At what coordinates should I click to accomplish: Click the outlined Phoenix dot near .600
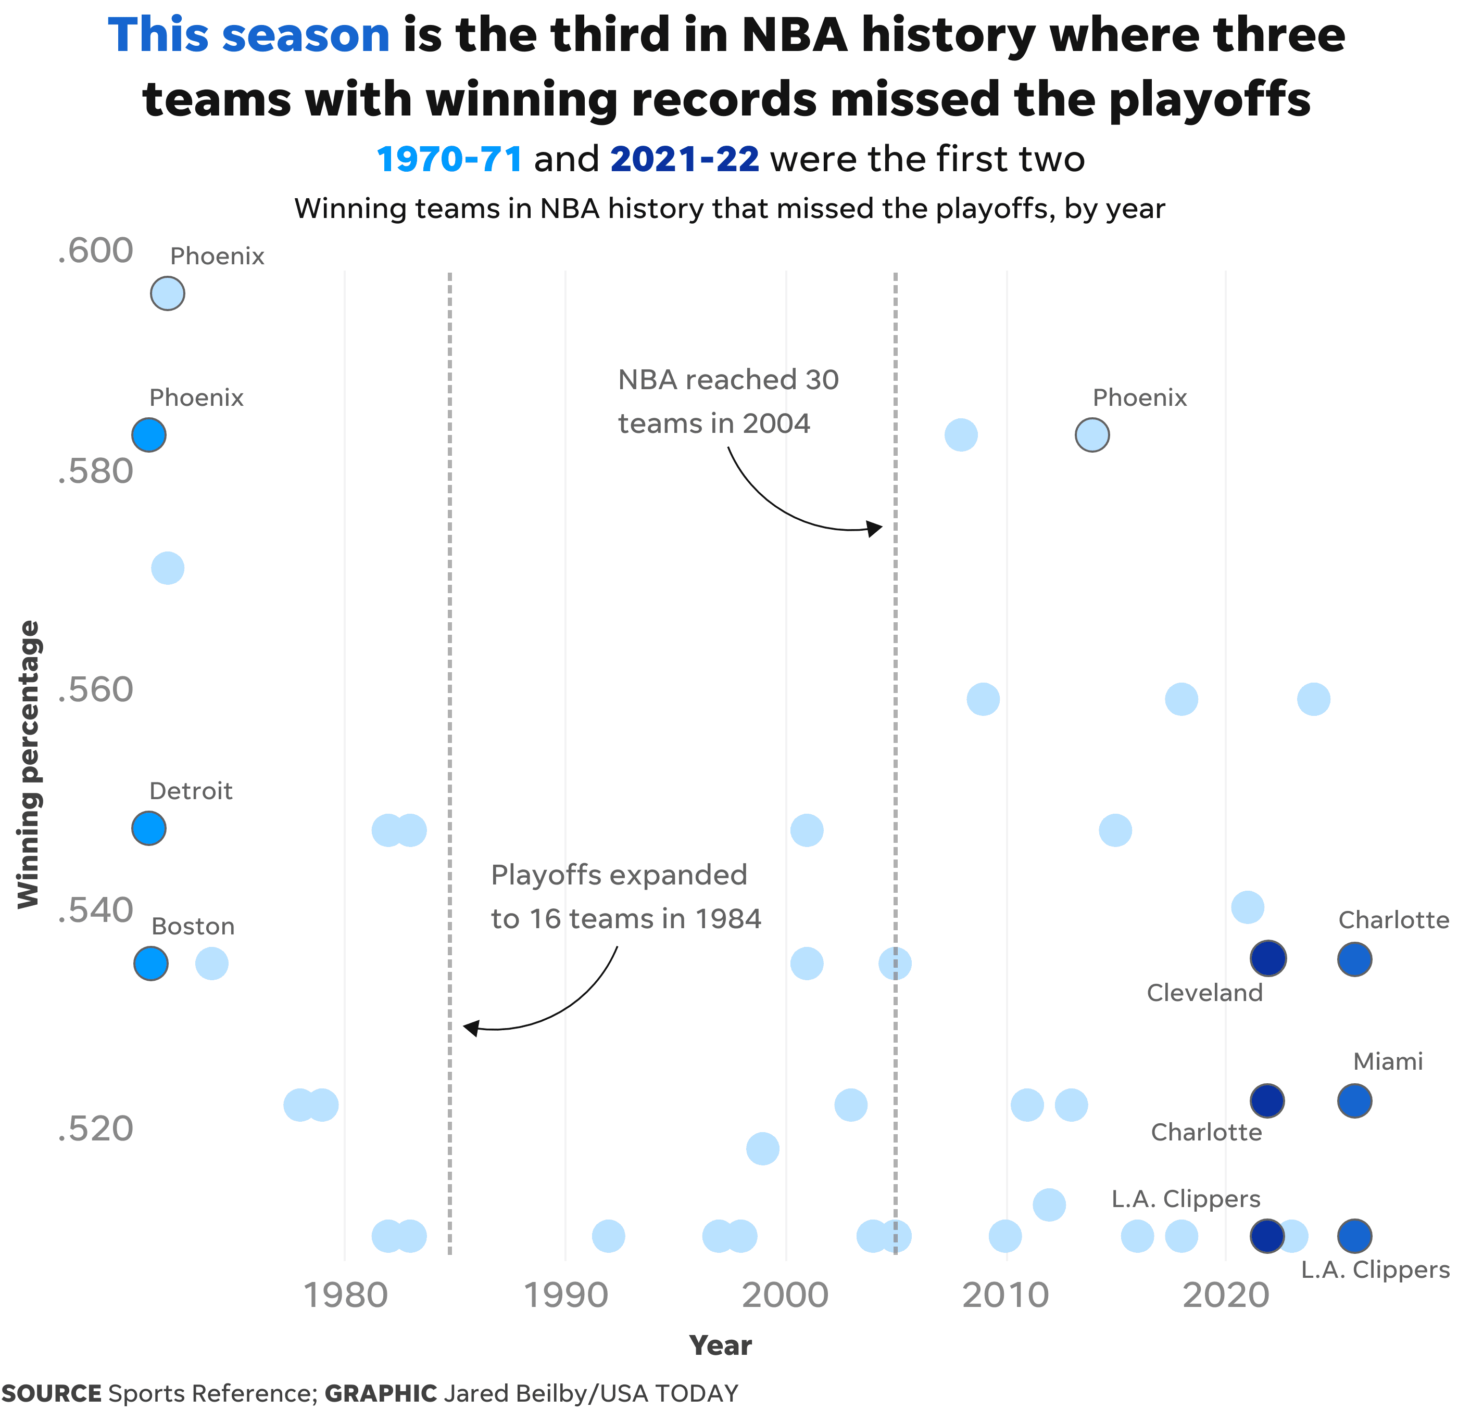point(167,293)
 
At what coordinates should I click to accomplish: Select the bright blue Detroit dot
point(149,828)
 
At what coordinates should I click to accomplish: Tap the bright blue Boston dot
point(151,964)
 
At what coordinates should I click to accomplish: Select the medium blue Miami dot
point(1354,1101)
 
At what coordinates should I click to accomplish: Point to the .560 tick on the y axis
point(95,690)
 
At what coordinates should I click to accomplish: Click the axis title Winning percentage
point(28,764)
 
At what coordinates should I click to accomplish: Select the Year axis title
point(720,1345)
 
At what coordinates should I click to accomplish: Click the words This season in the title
point(249,36)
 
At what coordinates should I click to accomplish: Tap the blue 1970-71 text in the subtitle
point(449,159)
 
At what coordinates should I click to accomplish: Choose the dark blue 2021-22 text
point(684,159)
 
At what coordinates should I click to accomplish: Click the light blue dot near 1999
point(762,1149)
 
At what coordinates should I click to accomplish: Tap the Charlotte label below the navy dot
point(1206,1132)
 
